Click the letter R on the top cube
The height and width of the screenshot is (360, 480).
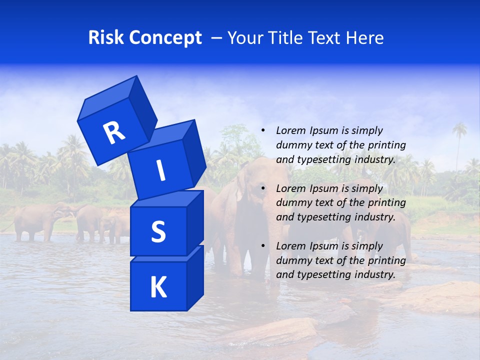click(114, 133)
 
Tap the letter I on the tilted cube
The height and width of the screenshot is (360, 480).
click(160, 170)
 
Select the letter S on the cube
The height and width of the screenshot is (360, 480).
click(158, 231)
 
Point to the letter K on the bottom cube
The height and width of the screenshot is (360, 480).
click(158, 287)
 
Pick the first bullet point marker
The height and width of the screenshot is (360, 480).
click(263, 130)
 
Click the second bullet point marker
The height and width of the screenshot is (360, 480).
click(263, 188)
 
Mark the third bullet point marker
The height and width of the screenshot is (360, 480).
click(263, 246)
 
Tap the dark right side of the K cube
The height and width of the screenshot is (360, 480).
click(195, 277)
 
